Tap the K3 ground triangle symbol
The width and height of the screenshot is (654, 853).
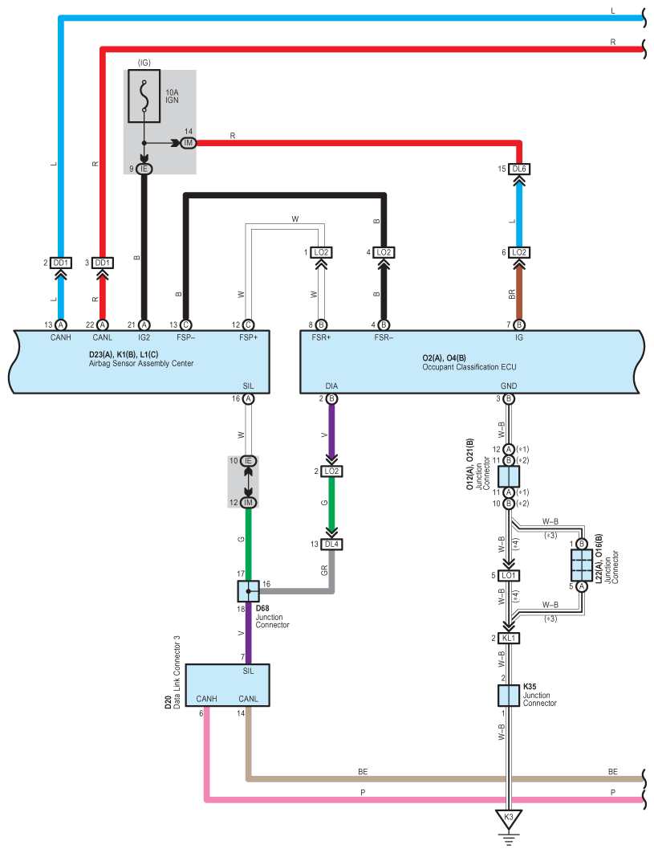(x=507, y=820)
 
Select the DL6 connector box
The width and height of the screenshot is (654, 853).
(x=519, y=169)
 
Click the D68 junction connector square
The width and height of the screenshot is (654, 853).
(x=249, y=591)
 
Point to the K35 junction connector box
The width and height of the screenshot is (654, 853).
(x=507, y=696)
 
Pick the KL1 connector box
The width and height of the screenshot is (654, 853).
(x=508, y=638)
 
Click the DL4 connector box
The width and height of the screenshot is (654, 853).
(x=332, y=544)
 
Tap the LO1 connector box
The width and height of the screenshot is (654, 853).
(x=508, y=575)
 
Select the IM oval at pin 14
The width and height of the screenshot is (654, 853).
(x=189, y=143)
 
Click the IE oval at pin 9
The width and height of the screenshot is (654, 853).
(x=144, y=169)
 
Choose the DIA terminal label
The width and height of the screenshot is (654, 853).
(x=331, y=386)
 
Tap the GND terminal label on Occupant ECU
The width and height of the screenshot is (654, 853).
(x=507, y=386)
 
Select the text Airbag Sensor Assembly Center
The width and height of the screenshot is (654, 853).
(x=140, y=364)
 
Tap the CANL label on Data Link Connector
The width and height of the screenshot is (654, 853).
(x=248, y=699)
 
